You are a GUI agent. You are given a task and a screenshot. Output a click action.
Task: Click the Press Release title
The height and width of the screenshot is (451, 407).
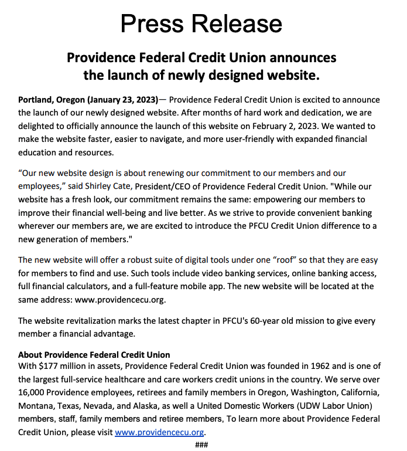201,23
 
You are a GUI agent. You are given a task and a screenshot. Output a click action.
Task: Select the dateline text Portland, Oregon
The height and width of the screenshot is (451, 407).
52,100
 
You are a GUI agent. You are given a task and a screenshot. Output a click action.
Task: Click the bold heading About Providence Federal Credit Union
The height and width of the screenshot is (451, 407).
94,355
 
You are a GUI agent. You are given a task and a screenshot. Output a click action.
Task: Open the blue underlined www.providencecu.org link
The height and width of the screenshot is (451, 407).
159,432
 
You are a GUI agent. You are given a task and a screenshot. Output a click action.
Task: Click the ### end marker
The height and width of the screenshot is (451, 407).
201,444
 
